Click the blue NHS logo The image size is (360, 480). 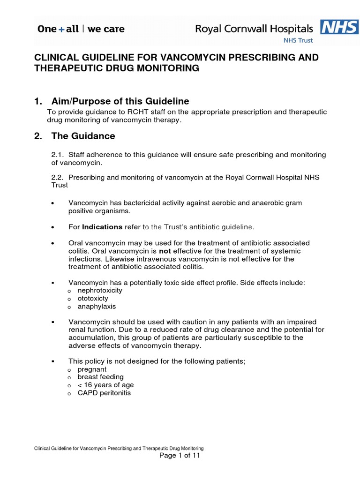pos(339,27)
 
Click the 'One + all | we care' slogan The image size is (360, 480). pos(81,29)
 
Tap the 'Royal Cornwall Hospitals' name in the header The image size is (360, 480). pos(254,29)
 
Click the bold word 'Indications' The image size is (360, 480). pos(102,227)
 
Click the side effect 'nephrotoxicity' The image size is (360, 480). pos(99,291)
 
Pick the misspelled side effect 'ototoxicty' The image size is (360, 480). pos(92,299)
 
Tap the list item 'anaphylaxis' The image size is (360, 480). pos(97,307)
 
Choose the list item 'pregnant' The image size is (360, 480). pos(92,369)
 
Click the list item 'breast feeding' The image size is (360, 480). pos(100,377)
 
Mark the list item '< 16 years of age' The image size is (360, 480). pos(102,385)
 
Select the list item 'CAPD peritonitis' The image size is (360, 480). pos(104,393)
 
